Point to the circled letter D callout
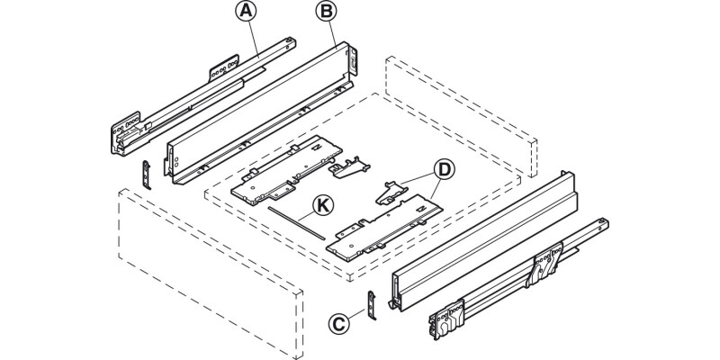click(442, 169)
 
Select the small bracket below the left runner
click(148, 173)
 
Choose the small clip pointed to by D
click(389, 191)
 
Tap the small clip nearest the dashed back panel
click(350, 166)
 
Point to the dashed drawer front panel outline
click(207, 270)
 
